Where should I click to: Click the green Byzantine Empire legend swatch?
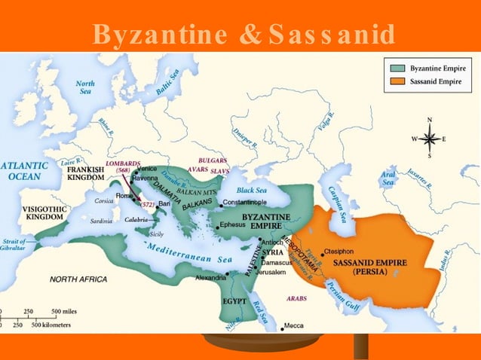(397, 68)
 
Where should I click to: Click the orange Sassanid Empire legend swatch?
(397, 79)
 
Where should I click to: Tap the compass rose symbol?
(430, 139)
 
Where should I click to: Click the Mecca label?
(294, 326)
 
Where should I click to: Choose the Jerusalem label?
(269, 272)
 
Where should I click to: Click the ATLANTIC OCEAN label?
(23, 170)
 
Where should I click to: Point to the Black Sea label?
(252, 191)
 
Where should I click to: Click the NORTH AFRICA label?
(78, 279)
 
